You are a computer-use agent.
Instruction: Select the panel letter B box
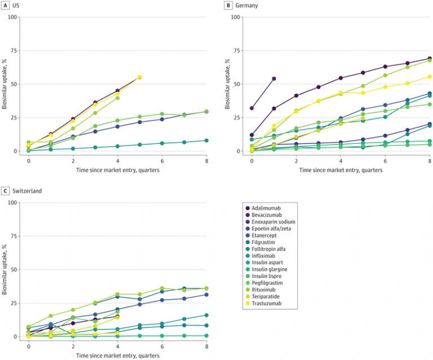[x=228, y=5]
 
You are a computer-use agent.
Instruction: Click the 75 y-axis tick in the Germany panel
[x=236, y=50]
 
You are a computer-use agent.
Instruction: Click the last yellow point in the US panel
[x=140, y=77]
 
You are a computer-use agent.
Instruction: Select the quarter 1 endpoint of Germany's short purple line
[x=274, y=78]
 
